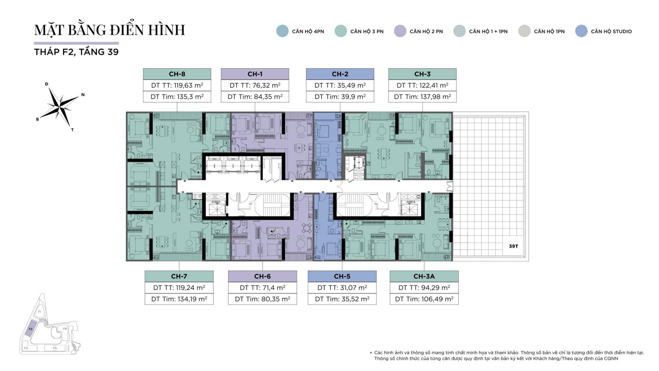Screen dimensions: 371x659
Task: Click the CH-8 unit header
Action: coord(177,74)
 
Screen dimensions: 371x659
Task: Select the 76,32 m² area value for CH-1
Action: coord(255,85)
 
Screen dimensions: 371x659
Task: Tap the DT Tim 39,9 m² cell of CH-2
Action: coord(340,97)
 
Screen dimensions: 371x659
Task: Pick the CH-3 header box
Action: coord(422,74)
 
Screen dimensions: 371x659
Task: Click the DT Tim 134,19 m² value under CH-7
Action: coord(179,299)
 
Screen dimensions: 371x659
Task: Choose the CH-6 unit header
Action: coord(262,276)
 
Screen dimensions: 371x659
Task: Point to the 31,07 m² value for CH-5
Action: coord(342,288)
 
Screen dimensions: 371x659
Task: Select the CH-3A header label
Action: coord(424,276)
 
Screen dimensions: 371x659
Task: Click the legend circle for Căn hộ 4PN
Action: coord(282,31)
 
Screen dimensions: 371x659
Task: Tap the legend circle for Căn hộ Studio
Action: coord(581,31)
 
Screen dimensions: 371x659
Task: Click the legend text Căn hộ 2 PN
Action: coord(426,32)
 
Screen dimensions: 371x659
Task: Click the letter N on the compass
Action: coord(83,95)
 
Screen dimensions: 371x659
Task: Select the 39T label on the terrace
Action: coord(514,246)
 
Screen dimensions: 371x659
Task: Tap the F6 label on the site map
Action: coord(65,329)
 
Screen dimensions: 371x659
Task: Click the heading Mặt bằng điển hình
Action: coord(110,30)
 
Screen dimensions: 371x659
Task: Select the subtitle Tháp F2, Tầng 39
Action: coord(76,52)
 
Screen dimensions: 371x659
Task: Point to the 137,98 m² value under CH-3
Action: coord(422,97)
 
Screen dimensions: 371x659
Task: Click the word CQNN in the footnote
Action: coord(611,358)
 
